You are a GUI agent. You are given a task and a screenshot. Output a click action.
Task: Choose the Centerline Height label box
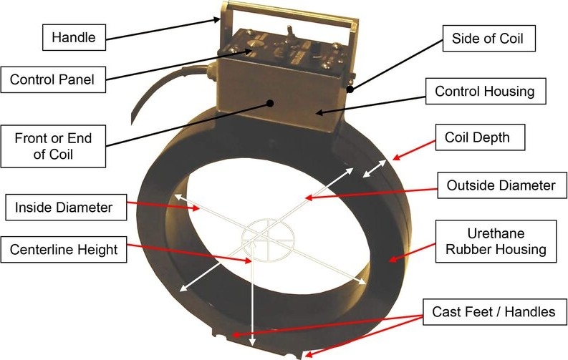[x=64, y=250]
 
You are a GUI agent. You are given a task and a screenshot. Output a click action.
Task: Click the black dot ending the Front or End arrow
[x=271, y=102]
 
